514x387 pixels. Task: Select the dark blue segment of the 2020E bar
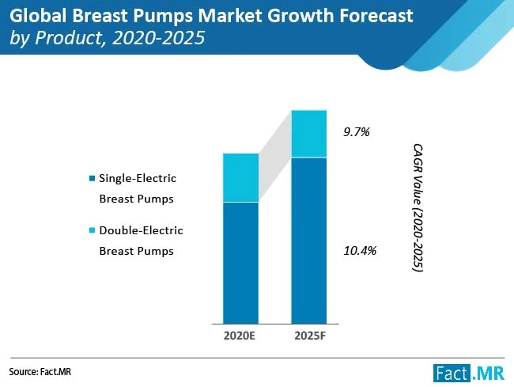pyautogui.click(x=240, y=261)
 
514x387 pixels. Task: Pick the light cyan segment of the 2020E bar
pyautogui.click(x=240, y=178)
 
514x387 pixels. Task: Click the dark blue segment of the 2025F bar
pyautogui.click(x=309, y=237)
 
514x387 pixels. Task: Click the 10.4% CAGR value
pyautogui.click(x=360, y=251)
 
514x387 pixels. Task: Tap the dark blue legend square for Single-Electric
pyautogui.click(x=93, y=177)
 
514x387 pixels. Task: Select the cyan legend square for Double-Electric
pyautogui.click(x=93, y=230)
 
